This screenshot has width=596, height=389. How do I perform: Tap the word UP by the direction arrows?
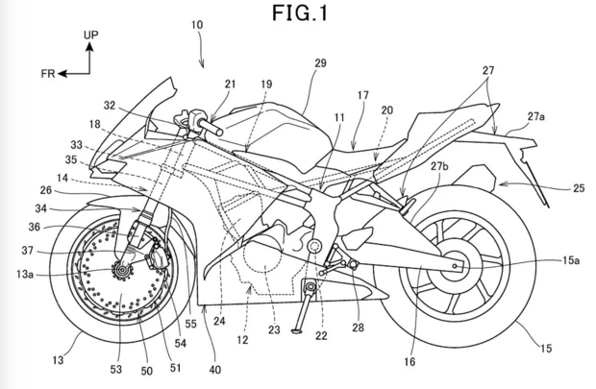coord(90,34)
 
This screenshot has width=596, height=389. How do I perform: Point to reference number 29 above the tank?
coord(321,62)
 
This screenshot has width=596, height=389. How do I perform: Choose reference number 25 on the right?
coord(577,188)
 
